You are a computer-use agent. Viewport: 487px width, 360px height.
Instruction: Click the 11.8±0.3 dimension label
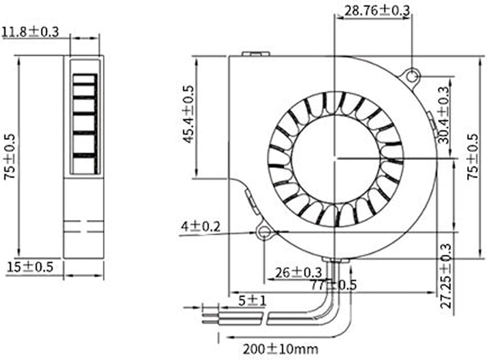[30, 32]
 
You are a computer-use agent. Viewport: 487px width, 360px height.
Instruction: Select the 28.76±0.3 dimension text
[377, 11]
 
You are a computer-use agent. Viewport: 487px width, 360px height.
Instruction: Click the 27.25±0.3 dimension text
[446, 276]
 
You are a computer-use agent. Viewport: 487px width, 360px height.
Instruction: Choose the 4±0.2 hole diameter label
[201, 227]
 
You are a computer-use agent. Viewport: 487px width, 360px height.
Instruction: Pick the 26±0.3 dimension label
[299, 273]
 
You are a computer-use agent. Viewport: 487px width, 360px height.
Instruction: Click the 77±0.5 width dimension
[334, 285]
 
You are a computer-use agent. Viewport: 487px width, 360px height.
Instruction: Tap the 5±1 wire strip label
[252, 301]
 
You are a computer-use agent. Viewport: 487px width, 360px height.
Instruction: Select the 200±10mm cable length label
[281, 349]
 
